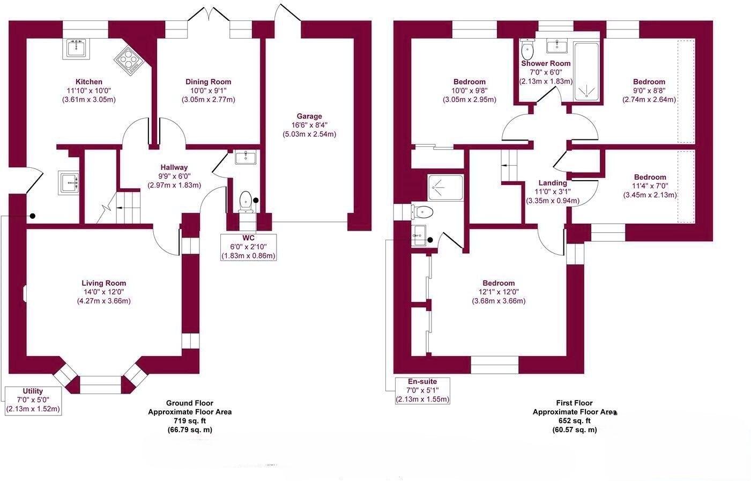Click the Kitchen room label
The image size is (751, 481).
pos(88,82)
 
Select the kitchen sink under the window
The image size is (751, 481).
pos(78,49)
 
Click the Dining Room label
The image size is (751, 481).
pos(208,82)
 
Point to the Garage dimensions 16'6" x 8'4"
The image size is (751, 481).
pos(309,125)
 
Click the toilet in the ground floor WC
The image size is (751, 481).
pos(246,202)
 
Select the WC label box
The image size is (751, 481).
pos(248,246)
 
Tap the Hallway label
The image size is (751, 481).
pos(174,167)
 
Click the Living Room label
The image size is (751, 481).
pos(104,283)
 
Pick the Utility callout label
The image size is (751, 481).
pos(33,400)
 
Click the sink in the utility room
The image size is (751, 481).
pos(69,182)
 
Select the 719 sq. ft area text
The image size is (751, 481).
pos(190,421)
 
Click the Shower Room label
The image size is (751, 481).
pos(546,63)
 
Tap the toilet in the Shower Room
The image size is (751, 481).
pos(527,51)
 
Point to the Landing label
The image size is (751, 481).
pos(553,183)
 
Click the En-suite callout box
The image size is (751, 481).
pos(422,390)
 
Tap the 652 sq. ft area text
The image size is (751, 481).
pos(574,421)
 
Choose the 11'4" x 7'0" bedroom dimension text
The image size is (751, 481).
pos(650,186)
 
